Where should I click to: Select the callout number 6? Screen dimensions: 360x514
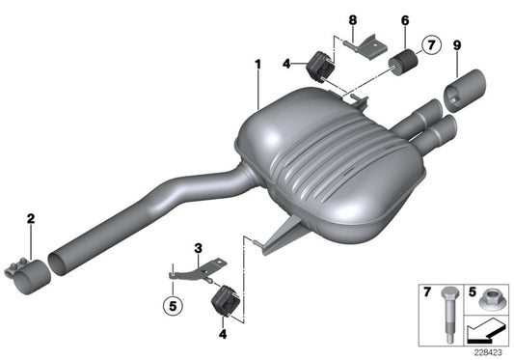[x=404, y=19]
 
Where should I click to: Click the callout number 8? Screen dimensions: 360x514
[x=352, y=19]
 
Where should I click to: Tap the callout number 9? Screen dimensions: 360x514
[x=456, y=45]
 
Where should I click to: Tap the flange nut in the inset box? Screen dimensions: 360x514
[x=487, y=300]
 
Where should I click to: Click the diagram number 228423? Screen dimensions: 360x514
[x=489, y=352]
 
